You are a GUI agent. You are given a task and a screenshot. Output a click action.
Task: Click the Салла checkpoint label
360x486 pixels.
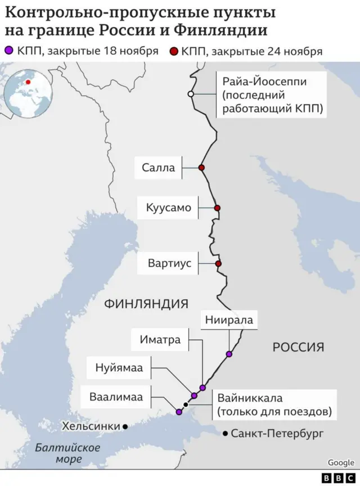tap(158, 168)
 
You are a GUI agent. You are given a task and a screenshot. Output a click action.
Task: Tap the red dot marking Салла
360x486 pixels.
tap(201, 168)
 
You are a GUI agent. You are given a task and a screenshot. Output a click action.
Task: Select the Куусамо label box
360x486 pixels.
tap(169, 208)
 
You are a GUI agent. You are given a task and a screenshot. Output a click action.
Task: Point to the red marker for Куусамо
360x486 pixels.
tap(217, 208)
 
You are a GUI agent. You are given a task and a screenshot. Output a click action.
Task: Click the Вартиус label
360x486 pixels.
tap(170, 263)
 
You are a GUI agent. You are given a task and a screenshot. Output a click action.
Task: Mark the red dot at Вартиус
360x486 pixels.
tap(218, 263)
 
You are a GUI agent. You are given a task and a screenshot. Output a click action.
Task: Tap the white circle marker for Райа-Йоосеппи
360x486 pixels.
tap(191, 94)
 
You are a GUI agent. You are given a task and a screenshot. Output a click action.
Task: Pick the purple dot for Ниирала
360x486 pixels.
tap(228, 354)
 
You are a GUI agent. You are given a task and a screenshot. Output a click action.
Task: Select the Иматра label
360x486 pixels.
tap(160, 340)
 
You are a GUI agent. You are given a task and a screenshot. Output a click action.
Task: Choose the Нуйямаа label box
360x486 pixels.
tap(119, 368)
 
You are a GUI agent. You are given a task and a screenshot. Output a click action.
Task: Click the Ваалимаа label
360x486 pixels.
tap(116, 397)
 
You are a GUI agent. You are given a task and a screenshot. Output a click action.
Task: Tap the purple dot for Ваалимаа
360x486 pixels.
tap(179, 412)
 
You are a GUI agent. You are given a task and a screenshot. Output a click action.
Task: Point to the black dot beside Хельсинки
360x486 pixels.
tap(125, 427)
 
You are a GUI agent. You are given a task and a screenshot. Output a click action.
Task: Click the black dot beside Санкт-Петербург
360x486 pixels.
tap(225, 433)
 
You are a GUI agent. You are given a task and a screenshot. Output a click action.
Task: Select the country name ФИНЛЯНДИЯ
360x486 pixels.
tap(146, 304)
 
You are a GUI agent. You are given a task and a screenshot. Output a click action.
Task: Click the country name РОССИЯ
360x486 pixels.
tap(298, 347)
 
